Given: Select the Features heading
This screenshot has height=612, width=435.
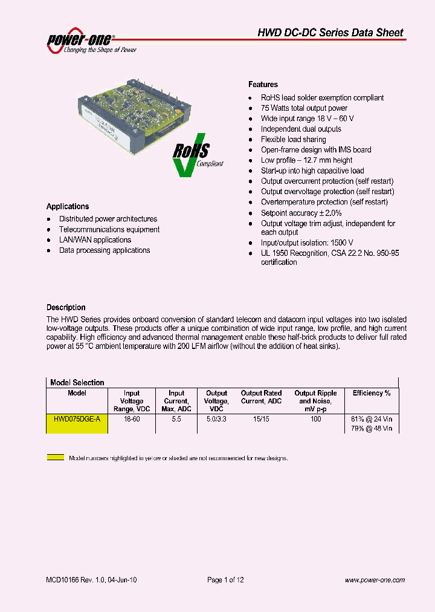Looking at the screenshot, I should (x=263, y=85).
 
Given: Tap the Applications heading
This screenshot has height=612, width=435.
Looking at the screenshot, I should (x=68, y=206).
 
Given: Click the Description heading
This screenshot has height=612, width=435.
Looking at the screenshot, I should (x=66, y=307).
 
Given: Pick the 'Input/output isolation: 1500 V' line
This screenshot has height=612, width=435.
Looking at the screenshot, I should (x=307, y=243).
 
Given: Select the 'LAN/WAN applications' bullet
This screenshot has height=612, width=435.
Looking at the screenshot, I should (x=95, y=240).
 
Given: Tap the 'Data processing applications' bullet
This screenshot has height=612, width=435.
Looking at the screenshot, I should (x=105, y=250).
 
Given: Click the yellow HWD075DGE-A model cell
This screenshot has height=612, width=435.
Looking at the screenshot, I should (x=77, y=419).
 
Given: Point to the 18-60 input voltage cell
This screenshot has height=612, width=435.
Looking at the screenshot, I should (x=132, y=419).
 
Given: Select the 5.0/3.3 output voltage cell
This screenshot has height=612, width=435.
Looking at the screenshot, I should (x=216, y=419).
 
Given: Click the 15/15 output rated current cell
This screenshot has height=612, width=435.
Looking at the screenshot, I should (x=261, y=419).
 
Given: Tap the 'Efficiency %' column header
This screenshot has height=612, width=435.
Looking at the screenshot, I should (x=372, y=393).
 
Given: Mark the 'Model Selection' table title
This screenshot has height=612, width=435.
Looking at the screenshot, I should (x=77, y=383).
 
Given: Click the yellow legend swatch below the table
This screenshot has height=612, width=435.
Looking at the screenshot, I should (x=56, y=458).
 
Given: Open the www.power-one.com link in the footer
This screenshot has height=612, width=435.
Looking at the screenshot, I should (x=375, y=580).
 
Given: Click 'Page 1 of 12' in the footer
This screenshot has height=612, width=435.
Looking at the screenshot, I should (x=225, y=580).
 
